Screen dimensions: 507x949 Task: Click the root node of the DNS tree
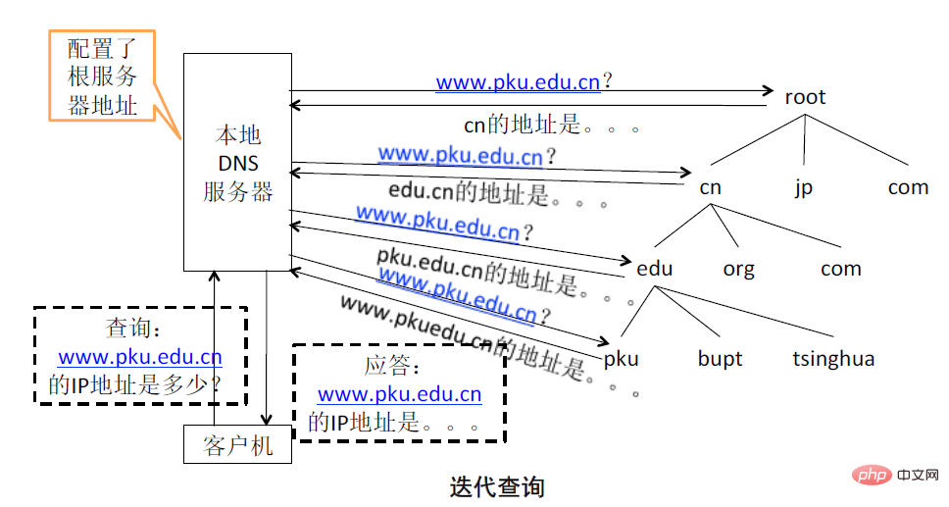[x=805, y=97]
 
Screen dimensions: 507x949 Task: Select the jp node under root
[x=804, y=186]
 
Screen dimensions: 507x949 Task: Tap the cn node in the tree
[x=711, y=186]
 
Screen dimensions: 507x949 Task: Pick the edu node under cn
[x=654, y=269]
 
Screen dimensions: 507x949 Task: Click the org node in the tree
[x=738, y=269]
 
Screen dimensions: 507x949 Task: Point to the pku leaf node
[x=621, y=358]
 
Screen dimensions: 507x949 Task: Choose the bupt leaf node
[x=720, y=358]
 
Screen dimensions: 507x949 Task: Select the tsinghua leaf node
[x=832, y=358]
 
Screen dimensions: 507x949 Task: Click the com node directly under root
[x=908, y=186]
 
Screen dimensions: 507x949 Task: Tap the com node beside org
[x=840, y=269]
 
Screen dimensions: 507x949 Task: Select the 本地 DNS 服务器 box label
[x=237, y=163]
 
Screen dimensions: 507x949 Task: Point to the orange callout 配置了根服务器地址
[x=102, y=77]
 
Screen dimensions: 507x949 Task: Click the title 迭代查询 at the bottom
[x=497, y=485]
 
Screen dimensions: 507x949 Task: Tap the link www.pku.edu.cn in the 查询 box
[x=139, y=358]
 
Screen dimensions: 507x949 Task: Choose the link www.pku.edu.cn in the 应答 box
[x=399, y=394]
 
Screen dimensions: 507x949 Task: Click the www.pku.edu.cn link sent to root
[x=518, y=82]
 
